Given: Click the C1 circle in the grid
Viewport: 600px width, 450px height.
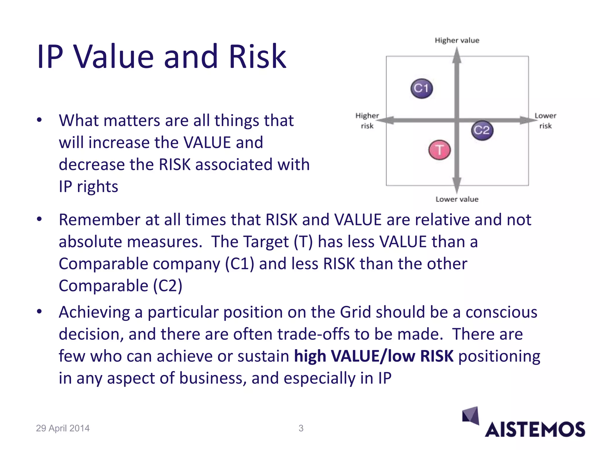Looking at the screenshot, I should click(422, 88).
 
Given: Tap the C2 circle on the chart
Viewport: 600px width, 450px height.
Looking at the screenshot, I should click(482, 130).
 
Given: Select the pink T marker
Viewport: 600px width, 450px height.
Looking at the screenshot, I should click(439, 150).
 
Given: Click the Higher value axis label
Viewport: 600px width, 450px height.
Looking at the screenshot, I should click(457, 40).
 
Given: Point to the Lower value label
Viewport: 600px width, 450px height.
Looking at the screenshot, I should click(457, 199).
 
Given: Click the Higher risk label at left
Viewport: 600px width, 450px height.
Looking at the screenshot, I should click(367, 121).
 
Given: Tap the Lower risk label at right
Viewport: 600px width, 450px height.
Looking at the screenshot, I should click(545, 121).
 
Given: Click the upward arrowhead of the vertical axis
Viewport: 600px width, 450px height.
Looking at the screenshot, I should click(457, 56).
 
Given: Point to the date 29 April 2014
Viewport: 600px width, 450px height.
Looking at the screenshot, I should click(63, 428).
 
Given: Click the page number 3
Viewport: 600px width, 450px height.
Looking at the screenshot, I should click(301, 428).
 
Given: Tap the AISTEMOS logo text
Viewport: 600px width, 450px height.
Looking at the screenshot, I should click(535, 430).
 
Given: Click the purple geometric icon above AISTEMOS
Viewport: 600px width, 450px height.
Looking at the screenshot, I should click(471, 415).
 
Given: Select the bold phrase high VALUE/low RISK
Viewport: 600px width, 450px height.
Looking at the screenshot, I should click(374, 357).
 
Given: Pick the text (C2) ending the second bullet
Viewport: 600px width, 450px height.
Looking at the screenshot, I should click(168, 286).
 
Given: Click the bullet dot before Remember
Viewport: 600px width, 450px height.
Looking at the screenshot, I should click(40, 219).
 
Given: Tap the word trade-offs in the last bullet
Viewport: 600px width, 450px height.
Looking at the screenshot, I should click(313, 334).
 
